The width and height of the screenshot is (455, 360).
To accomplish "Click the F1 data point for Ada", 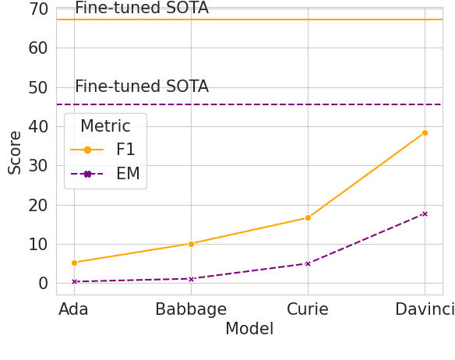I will [74, 263].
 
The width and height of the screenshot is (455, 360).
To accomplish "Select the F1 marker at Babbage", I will [191, 244].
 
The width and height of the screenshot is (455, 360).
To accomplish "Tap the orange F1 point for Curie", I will [308, 217].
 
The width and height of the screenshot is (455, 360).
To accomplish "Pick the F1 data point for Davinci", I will [425, 132].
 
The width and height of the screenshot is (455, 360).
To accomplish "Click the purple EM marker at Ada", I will [74, 281].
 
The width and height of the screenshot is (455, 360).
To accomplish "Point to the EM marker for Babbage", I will [191, 279].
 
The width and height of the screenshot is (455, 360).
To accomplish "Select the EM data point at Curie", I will [308, 263].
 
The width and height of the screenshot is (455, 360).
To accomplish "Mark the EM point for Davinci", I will [425, 214].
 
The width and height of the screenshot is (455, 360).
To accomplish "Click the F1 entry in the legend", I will [125, 150].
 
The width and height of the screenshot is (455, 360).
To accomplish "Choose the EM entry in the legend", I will [128, 174].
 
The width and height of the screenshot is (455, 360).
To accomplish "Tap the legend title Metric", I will [105, 126].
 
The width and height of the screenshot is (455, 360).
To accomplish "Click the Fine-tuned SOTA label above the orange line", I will [142, 9].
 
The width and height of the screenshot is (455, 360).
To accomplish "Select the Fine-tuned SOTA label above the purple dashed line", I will [142, 87].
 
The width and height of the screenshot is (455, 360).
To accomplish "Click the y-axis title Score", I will [15, 152].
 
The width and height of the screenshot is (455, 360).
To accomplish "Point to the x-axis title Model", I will [249, 330].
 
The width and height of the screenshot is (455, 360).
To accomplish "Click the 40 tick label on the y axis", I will [37, 126].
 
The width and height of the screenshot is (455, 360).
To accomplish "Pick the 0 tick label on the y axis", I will [43, 284].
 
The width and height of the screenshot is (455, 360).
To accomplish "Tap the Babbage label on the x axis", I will [191, 309].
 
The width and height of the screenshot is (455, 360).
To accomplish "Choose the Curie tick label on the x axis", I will [308, 309].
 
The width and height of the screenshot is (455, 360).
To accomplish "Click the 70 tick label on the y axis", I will [37, 9].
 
